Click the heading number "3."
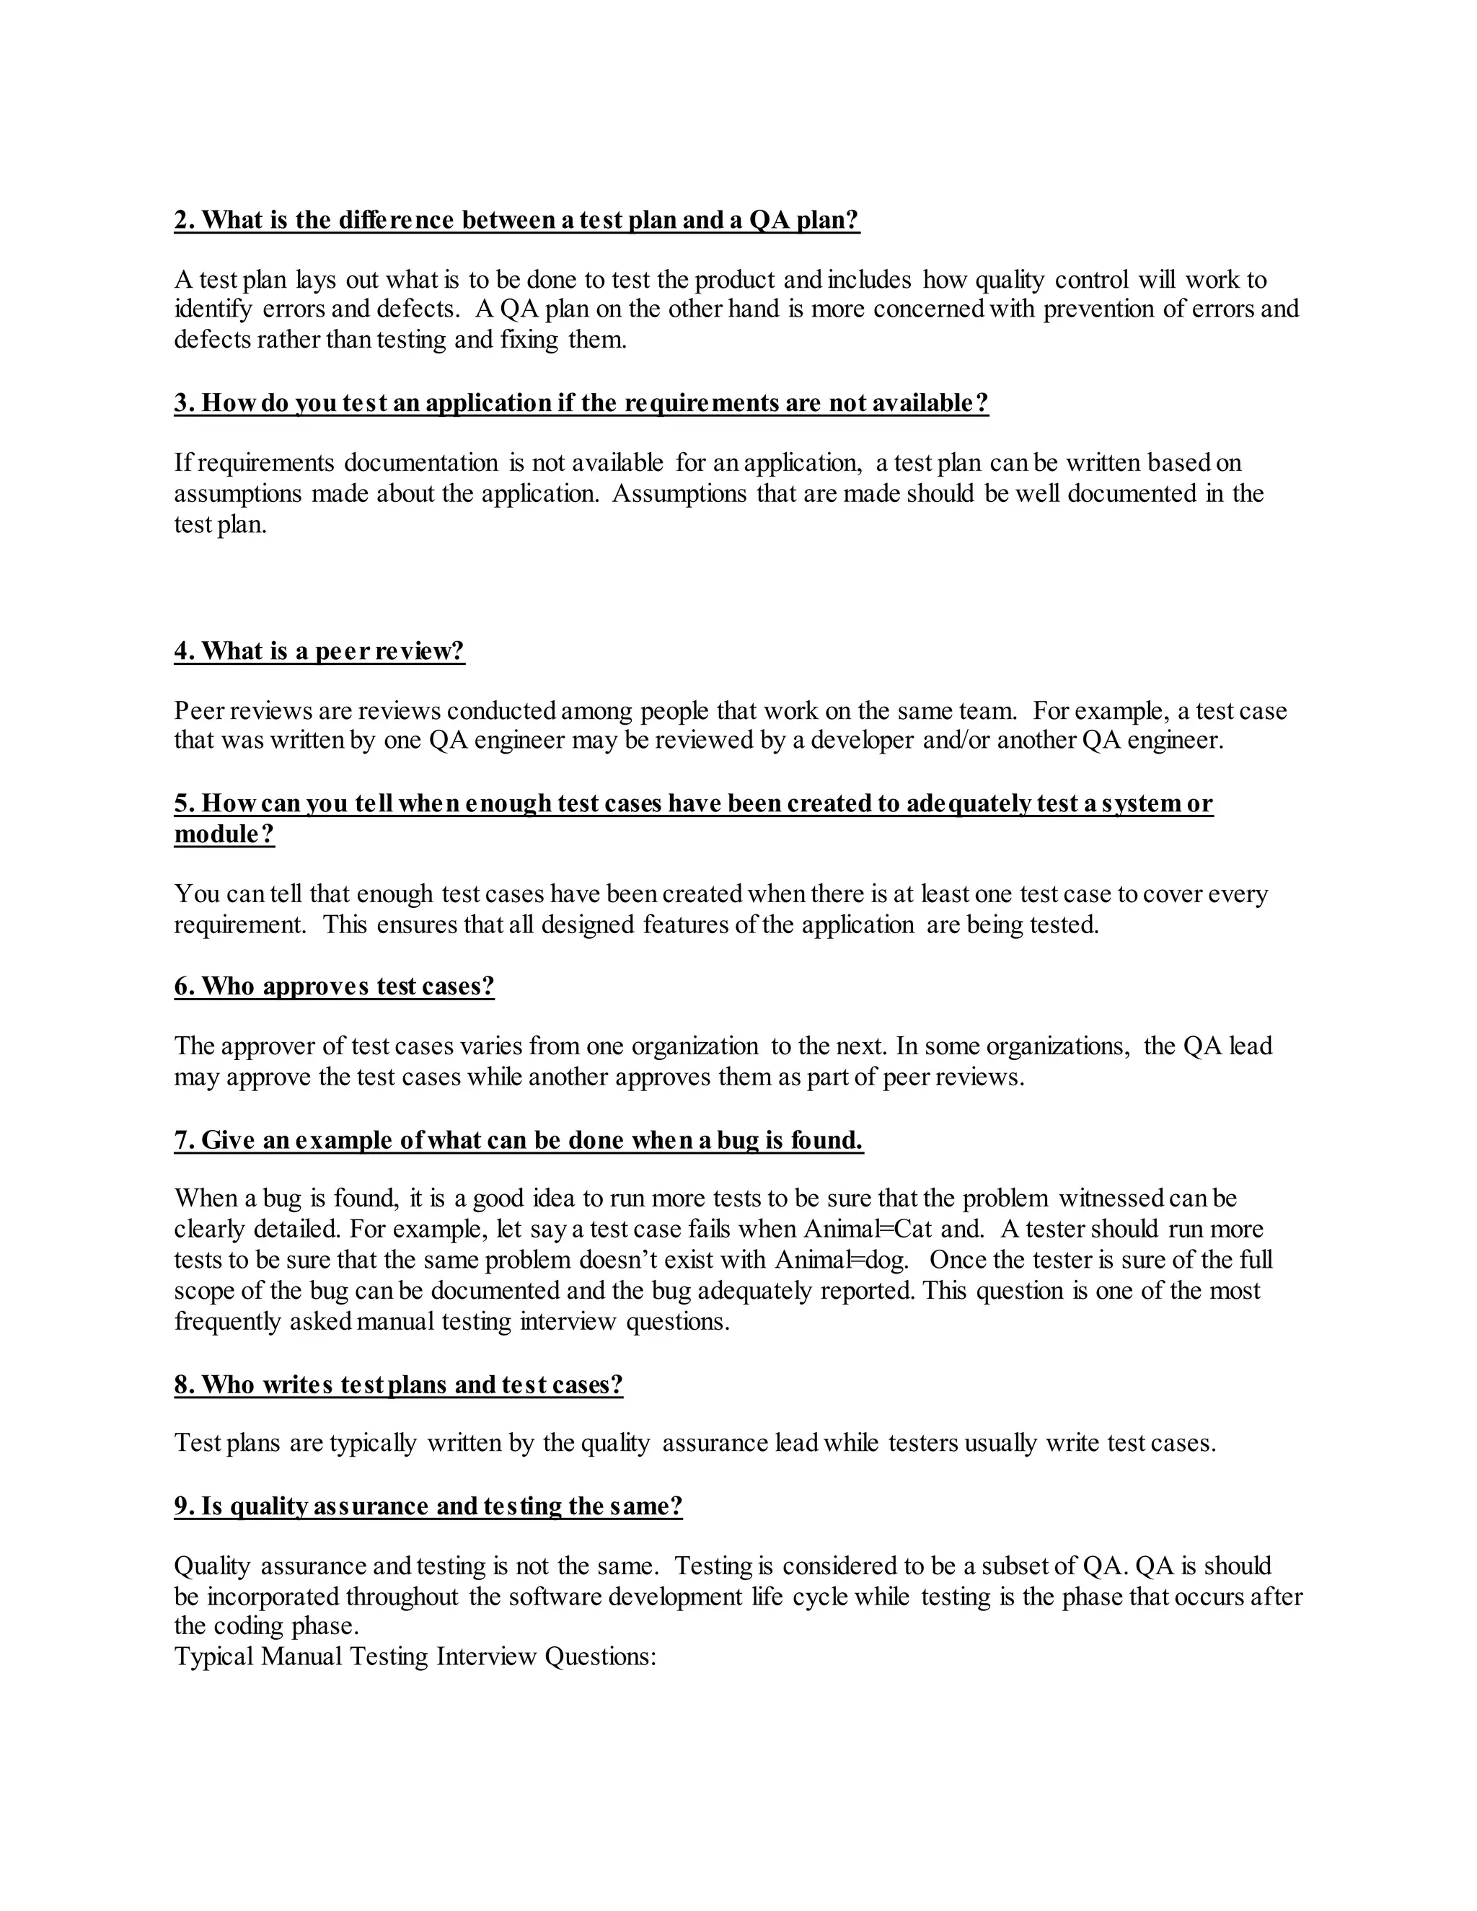point(185,402)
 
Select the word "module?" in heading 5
point(225,834)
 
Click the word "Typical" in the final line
point(213,1656)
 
